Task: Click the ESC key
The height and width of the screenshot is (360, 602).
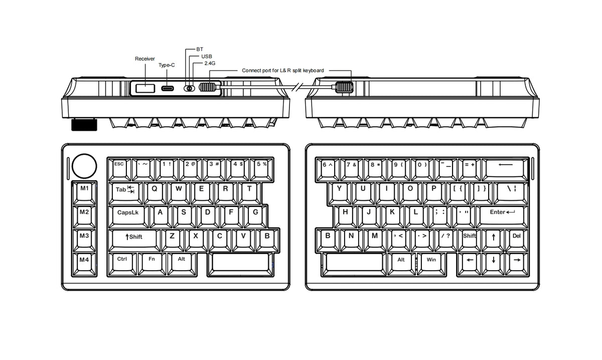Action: click(119, 169)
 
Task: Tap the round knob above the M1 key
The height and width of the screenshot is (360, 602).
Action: click(84, 166)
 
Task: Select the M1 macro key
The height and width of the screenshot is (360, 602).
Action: click(84, 193)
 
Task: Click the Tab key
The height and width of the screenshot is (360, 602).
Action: click(125, 194)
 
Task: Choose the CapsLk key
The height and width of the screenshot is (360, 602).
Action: click(128, 217)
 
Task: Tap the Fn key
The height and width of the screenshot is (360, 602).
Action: click(152, 264)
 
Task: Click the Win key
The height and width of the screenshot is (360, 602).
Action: click(431, 265)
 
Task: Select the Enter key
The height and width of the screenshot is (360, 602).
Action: click(502, 217)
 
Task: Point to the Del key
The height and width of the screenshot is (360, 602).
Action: click(517, 241)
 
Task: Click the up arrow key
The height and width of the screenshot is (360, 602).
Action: click(493, 241)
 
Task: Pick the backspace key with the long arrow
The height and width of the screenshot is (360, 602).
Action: click(505, 169)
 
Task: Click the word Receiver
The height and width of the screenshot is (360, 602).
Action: click(145, 59)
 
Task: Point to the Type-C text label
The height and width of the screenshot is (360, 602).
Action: click(167, 65)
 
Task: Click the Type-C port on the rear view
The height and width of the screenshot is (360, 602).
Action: click(168, 88)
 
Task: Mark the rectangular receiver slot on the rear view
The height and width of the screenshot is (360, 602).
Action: click(145, 88)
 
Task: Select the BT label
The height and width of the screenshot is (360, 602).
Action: click(200, 49)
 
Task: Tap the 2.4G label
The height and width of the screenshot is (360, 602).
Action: click(210, 63)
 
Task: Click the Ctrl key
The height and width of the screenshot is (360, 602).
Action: click(122, 264)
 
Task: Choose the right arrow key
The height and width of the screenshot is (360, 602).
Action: click(517, 265)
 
